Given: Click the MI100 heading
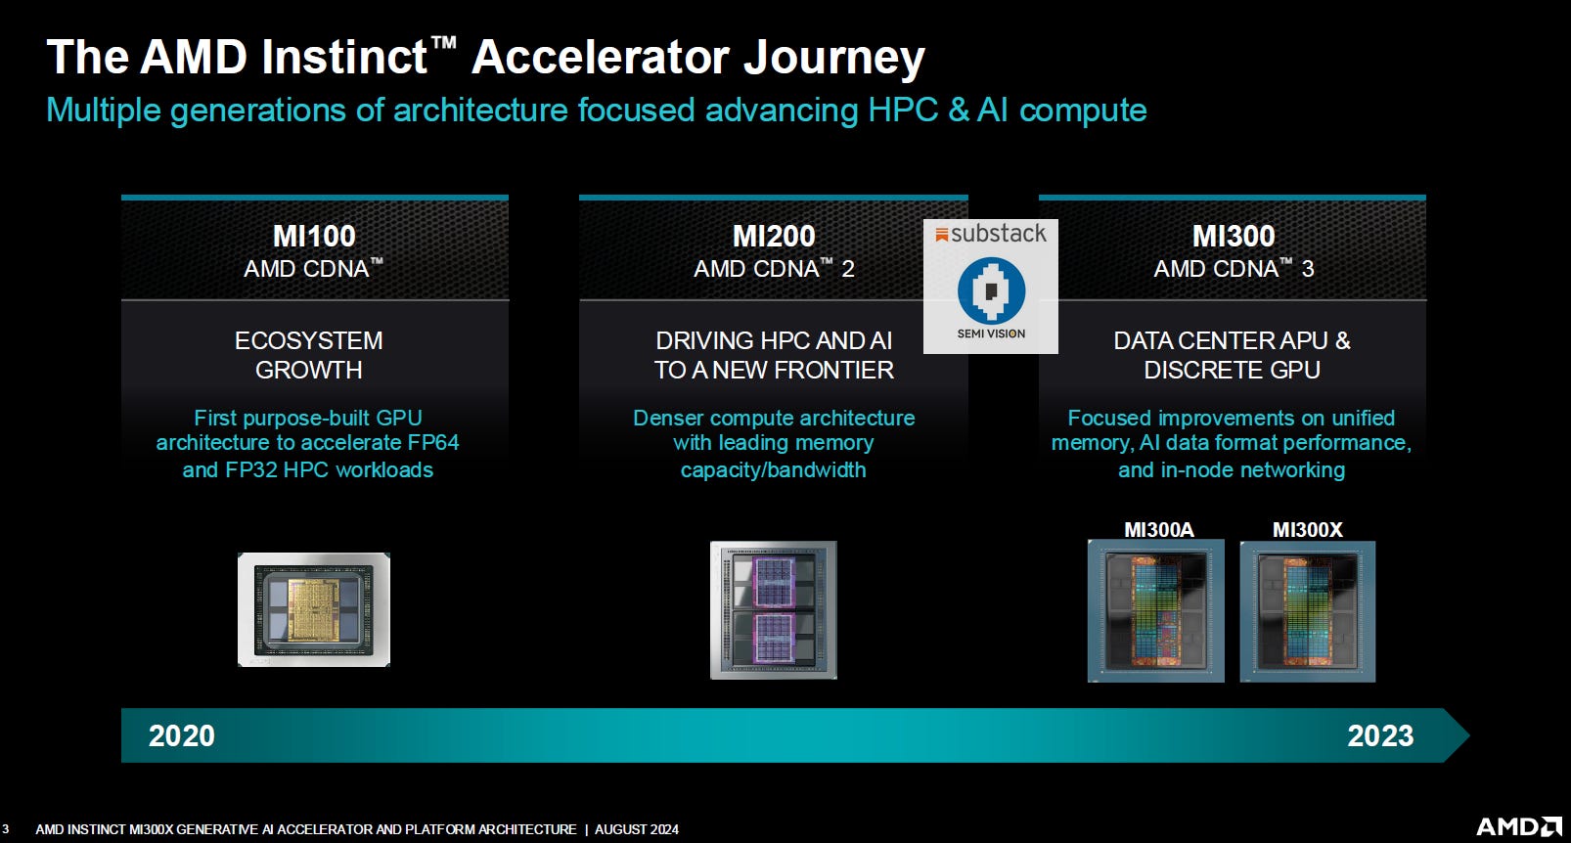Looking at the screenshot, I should point(314,236).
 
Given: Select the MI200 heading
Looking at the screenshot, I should point(774,236).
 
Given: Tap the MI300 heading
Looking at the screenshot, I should point(1233,236).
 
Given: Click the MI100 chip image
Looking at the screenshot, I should point(314,609).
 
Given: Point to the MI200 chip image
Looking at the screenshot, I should point(773,609).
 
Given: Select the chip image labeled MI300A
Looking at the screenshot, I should point(1156,611).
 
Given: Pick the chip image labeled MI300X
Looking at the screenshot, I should point(1308,611).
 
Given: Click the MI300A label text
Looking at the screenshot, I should point(1158,530).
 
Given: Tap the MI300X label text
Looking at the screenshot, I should point(1307,530).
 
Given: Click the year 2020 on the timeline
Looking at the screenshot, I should point(182,735).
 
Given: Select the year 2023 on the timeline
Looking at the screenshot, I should point(1380,735).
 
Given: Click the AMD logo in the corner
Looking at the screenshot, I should point(1518,827).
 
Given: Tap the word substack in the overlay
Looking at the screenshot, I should point(998,234).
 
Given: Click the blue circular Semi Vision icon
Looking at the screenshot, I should point(991,290).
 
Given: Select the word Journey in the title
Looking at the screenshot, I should point(833,58).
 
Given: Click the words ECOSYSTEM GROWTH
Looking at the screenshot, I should point(309,355).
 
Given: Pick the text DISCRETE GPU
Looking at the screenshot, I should point(1232,370).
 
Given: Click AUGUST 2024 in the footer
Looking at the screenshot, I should point(636,829).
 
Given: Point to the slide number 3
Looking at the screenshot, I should point(6,829).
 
